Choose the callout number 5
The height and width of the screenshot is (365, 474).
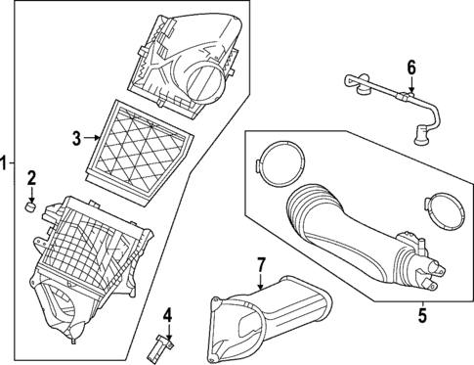click(x=421, y=314)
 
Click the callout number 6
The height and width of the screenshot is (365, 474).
click(x=411, y=67)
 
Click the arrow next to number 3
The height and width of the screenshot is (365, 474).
click(x=94, y=140)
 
